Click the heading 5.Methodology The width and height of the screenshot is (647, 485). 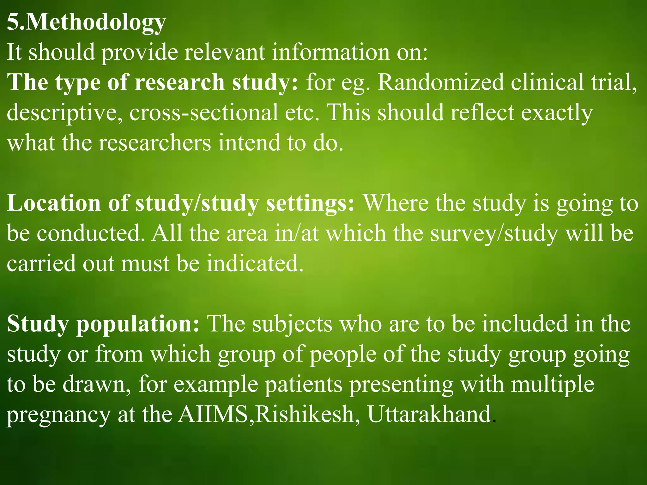[86, 23]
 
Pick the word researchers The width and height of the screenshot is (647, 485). [155, 143]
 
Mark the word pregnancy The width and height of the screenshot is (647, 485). [59, 416]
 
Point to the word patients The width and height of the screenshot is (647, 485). [304, 385]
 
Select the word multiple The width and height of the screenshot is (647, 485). [553, 385]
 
